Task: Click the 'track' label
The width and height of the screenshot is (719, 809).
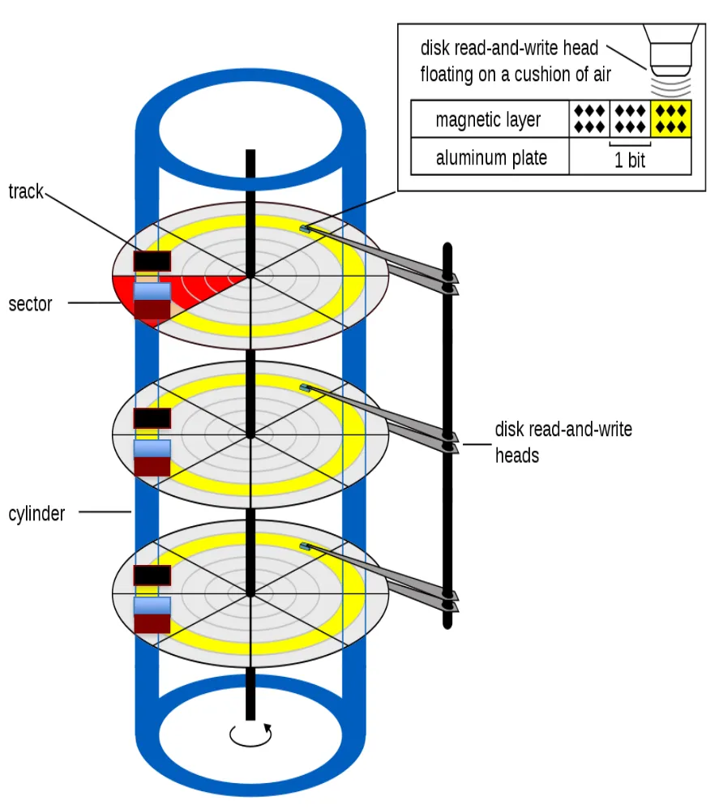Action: tap(25, 192)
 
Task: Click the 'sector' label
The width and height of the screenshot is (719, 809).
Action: tap(30, 305)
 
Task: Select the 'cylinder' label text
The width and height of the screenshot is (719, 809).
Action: tap(36, 513)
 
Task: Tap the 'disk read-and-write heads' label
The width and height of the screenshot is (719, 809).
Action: tap(563, 442)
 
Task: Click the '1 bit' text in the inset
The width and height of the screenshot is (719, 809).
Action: tap(630, 160)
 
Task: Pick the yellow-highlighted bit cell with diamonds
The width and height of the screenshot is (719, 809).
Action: tap(671, 118)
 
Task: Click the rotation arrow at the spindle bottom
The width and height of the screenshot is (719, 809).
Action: tap(251, 734)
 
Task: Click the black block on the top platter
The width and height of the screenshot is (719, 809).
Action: tap(152, 261)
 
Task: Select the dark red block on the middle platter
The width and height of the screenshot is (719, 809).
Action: tap(152, 466)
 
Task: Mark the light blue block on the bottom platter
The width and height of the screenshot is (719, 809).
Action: tap(152, 606)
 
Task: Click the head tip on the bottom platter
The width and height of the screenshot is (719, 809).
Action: tap(305, 546)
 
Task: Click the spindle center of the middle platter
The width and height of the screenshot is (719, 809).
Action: tap(250, 435)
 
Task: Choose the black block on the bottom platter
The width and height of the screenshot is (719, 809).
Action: tap(152, 575)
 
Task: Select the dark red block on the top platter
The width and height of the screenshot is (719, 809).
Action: tap(152, 310)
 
